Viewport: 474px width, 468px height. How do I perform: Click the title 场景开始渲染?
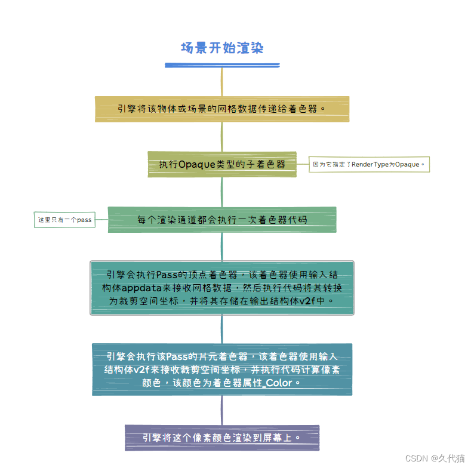click(221, 48)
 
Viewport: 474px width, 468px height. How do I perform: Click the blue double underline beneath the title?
click(222, 64)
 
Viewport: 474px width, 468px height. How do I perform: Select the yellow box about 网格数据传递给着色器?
click(221, 109)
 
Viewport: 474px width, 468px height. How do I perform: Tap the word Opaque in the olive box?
click(196, 164)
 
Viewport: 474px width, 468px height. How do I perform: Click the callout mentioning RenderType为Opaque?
click(369, 164)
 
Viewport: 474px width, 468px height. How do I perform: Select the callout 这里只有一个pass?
click(64, 220)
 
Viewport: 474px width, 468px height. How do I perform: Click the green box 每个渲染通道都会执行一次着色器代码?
click(221, 220)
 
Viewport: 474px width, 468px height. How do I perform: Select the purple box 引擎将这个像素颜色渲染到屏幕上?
click(221, 438)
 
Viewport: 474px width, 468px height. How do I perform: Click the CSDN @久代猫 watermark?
click(435, 458)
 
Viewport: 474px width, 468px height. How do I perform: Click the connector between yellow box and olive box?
click(221, 136)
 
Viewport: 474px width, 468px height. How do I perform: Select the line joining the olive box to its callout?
click(303, 164)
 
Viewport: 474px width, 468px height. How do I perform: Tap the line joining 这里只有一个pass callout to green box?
click(101, 220)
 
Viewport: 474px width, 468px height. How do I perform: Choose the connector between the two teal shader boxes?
click(221, 329)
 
